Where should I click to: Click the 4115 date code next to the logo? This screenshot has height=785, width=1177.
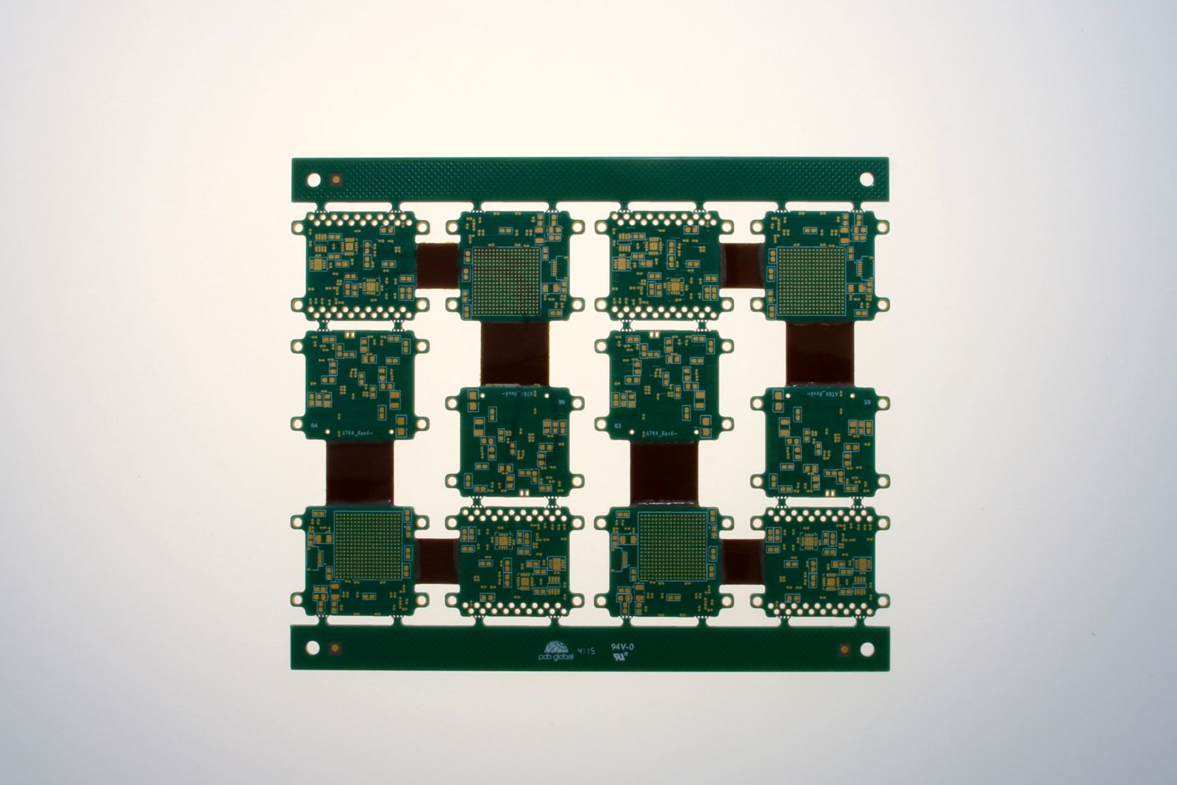click(x=586, y=649)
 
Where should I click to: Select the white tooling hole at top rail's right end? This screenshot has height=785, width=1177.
click(x=866, y=179)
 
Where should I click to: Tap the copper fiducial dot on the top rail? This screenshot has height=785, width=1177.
click(x=336, y=179)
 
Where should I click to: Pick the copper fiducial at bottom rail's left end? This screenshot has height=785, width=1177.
click(x=335, y=648)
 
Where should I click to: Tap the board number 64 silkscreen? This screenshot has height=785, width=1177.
click(x=315, y=426)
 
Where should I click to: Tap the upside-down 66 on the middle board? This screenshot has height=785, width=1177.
click(x=561, y=402)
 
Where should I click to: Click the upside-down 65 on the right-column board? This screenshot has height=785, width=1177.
click(x=864, y=402)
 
